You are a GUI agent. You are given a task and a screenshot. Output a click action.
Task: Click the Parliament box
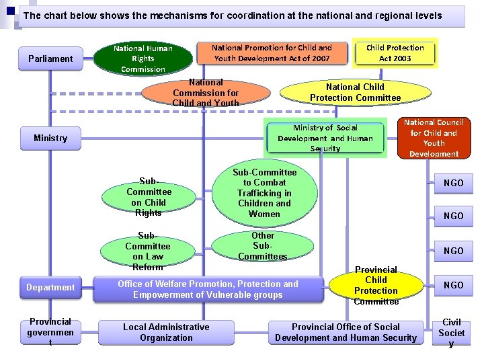(50, 58)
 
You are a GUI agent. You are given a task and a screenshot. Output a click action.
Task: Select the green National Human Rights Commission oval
(143, 58)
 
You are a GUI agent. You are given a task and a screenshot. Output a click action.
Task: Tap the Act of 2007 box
(272, 53)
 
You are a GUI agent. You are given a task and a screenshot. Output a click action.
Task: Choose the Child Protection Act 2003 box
(395, 53)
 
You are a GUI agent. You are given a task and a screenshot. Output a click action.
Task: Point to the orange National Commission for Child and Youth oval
(206, 93)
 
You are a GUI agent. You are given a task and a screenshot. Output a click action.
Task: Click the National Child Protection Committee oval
(355, 92)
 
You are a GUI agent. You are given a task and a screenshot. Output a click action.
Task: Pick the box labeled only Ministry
(50, 138)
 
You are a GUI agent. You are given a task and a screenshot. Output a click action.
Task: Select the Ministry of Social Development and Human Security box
(325, 138)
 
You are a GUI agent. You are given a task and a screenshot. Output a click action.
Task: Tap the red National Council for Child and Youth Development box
(434, 138)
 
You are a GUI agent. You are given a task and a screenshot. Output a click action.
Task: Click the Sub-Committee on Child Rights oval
(149, 197)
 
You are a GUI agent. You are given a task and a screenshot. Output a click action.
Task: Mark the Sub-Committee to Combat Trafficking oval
(264, 193)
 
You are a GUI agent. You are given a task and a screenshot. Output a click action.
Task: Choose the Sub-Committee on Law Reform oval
(148, 251)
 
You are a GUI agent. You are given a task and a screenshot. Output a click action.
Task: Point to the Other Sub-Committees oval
(263, 246)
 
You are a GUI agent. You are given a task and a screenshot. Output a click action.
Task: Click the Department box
(50, 288)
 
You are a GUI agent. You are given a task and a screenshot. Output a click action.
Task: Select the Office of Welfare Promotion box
(208, 289)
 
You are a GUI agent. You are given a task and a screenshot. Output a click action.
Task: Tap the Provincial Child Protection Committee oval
(376, 285)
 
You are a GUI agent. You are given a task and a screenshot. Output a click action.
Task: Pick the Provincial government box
(50, 332)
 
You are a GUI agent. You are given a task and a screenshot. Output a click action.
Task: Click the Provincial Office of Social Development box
(346, 332)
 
